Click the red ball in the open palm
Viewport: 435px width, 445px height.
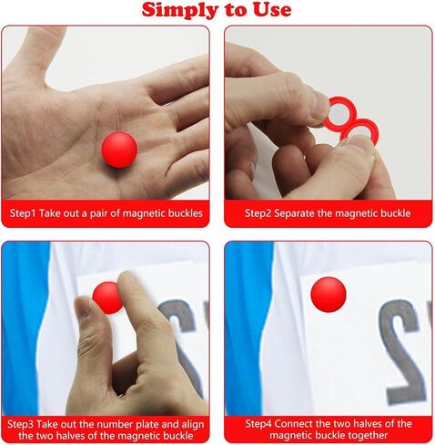click(119, 150)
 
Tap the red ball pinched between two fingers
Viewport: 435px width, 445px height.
click(106, 298)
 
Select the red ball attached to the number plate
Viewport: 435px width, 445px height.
click(329, 295)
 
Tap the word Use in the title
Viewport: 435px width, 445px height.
click(272, 9)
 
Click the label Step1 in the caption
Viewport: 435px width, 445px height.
click(23, 213)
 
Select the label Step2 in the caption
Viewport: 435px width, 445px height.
click(258, 213)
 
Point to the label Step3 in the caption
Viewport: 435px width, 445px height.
click(20, 424)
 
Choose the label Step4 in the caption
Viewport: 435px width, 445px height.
click(258, 424)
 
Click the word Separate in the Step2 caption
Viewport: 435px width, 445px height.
click(294, 213)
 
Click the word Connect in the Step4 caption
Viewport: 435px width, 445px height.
click(293, 424)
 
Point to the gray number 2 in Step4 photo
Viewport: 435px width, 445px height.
click(402, 349)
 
